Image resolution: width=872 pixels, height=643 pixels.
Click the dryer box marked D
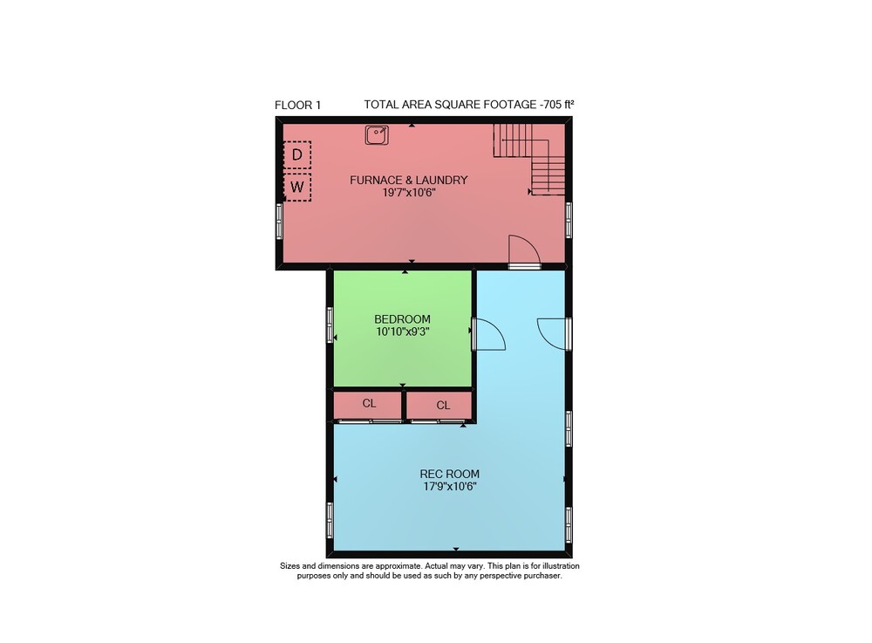tap(297, 154)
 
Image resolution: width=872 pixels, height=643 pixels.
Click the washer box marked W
tap(297, 187)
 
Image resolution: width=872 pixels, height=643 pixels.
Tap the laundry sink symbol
tap(377, 134)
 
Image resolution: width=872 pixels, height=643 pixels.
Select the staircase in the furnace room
tap(529, 159)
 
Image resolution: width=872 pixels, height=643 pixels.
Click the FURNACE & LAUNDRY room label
tap(409, 180)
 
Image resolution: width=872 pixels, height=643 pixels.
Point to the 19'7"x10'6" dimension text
tap(409, 193)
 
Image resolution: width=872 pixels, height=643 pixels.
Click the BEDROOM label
tap(402, 319)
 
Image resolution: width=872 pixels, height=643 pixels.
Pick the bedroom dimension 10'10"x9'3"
tap(402, 332)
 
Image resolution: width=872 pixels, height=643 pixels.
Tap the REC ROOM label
tap(449, 474)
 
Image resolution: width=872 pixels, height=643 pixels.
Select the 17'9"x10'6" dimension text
tap(449, 487)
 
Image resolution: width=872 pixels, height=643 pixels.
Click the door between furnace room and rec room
tap(524, 251)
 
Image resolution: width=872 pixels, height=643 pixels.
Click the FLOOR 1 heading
tap(297, 105)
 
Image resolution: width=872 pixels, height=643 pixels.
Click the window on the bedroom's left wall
tap(330, 325)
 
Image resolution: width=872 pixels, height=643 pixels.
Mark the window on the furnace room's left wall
tap(280, 221)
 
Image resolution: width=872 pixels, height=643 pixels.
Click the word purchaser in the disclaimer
tap(543, 576)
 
